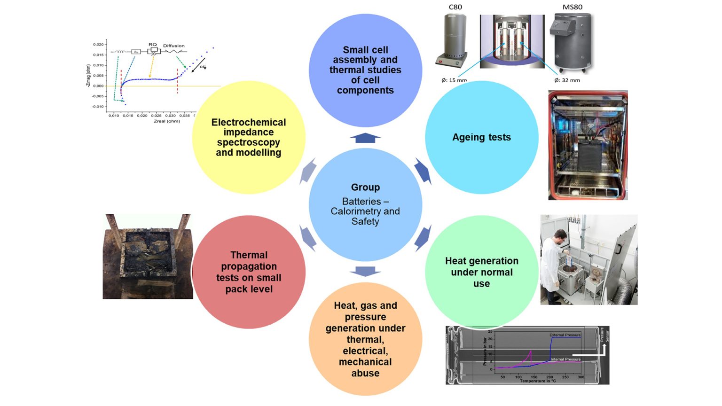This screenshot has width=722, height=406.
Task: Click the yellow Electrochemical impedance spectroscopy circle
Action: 249,137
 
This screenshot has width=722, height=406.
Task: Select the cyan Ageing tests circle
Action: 481,137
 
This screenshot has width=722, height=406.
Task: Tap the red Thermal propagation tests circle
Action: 249,272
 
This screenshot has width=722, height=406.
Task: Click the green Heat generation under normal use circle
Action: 481,272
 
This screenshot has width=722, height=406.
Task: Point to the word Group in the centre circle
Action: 365,187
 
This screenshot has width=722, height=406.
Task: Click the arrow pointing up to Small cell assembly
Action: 365,138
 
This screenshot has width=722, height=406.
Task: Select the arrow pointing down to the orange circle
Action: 365,271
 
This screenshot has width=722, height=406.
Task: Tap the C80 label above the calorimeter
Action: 455,7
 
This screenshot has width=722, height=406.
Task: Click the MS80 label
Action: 572,7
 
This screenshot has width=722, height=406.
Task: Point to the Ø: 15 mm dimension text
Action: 454,80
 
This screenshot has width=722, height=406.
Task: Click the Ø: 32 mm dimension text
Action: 567,80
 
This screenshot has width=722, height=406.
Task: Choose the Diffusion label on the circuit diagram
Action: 174,46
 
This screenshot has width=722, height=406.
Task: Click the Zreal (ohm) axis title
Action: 167,121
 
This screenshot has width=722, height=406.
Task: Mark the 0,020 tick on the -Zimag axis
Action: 98,45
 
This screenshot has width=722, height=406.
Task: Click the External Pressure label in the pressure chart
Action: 565,335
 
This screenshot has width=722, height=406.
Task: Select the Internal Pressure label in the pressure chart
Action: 565,359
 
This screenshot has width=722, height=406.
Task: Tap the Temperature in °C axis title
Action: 538,381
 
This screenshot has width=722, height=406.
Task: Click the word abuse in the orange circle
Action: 365,373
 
